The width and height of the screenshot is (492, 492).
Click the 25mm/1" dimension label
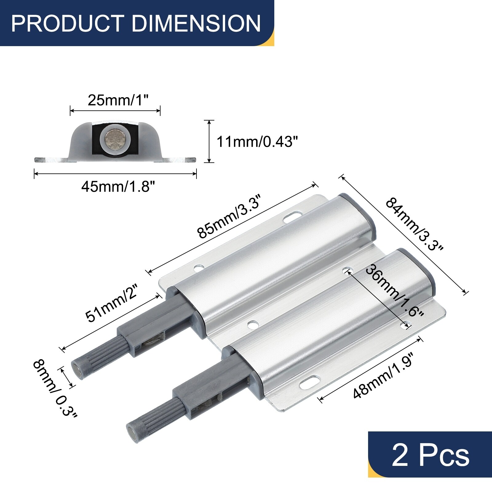[118, 100]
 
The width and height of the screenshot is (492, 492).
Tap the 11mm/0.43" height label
[257, 142]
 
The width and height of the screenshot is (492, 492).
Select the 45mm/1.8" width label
[118, 186]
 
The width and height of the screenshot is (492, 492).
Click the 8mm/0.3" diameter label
[55, 389]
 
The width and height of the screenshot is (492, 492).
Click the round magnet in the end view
[114, 138]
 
